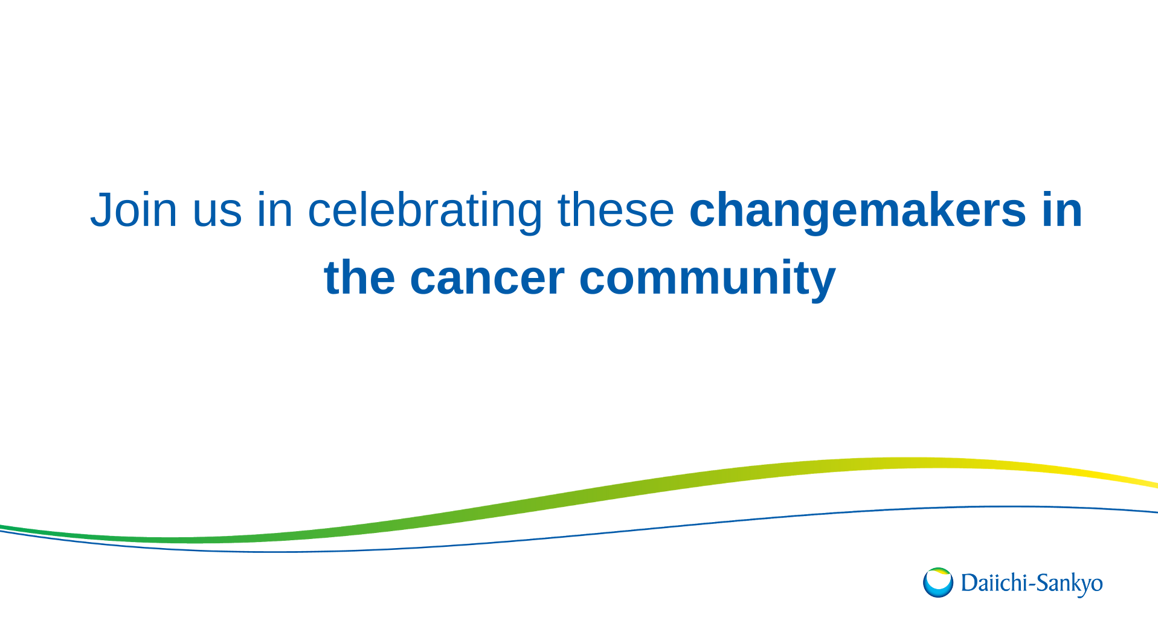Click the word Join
point(133,209)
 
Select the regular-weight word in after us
point(275,209)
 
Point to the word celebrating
point(425,212)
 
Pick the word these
point(616,209)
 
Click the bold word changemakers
point(857,212)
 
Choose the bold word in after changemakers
point(1062,209)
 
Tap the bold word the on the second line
point(360,277)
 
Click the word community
point(707,280)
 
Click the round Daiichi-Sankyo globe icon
point(938,583)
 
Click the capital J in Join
point(100,210)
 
